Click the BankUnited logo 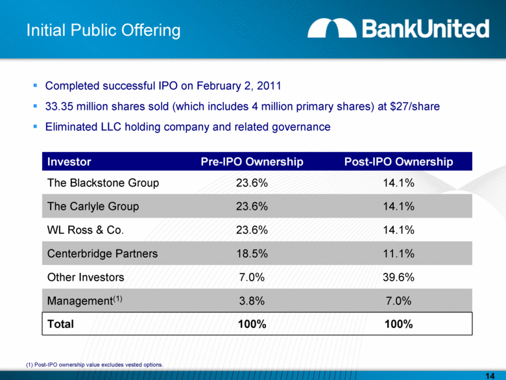tap(398, 29)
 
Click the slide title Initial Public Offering tap(103, 30)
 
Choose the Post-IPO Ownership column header tap(398, 161)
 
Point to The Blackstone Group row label tap(103, 183)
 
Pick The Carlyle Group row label tap(93, 207)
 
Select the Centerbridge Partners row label tap(102, 253)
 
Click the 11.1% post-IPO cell tap(398, 253)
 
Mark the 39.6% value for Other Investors tap(398, 277)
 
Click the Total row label tap(61, 323)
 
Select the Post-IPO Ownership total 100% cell tap(398, 323)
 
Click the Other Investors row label tap(86, 277)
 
